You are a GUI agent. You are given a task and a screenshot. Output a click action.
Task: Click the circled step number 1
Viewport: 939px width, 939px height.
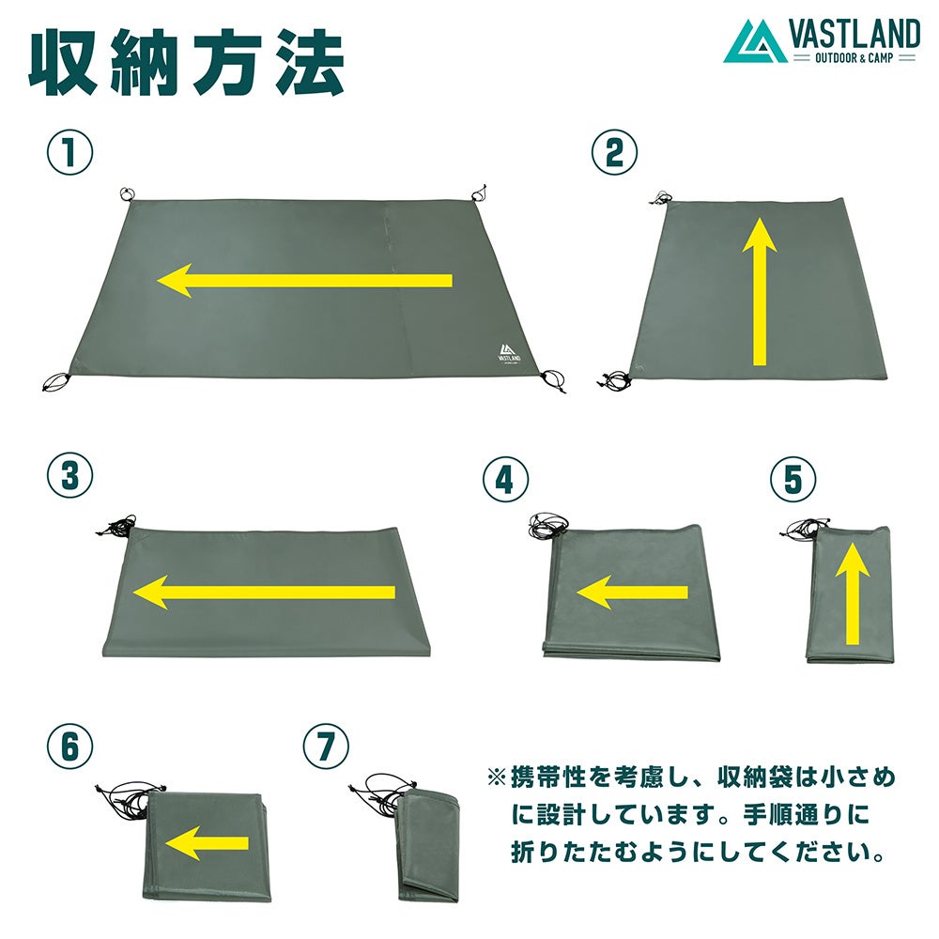70,152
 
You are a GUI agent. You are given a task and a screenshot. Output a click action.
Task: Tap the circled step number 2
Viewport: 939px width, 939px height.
614,152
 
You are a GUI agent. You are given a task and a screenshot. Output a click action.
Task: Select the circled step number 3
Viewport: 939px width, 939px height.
70,476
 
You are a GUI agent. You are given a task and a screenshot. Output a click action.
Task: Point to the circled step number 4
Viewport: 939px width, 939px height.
505,480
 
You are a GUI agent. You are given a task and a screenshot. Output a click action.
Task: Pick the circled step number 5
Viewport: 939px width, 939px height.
793,480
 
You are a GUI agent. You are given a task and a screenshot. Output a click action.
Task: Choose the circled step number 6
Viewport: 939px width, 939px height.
70,747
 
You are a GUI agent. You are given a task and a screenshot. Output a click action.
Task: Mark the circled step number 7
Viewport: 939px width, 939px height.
326,747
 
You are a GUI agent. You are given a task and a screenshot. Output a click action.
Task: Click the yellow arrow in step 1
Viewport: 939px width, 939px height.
304,280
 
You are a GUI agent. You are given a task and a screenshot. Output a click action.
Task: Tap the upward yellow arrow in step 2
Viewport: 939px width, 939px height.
760,291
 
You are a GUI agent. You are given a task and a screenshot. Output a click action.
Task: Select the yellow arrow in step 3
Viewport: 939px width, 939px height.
264,593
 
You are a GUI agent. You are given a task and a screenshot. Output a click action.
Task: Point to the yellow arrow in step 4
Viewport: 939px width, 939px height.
632,593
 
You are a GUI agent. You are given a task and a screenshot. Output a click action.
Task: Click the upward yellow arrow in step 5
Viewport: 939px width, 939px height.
853,593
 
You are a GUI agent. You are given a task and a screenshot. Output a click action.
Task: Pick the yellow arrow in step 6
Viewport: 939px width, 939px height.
207,843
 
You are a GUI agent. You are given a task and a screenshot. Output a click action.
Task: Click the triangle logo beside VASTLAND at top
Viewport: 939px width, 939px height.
755,41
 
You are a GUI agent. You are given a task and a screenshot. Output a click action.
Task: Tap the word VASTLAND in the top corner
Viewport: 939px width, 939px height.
854,34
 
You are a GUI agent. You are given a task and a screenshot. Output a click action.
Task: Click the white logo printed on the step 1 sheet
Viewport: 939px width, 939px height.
508,353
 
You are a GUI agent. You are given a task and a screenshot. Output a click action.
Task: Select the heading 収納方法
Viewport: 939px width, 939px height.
186,64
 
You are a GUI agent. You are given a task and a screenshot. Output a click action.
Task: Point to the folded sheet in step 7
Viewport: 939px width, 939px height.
426,845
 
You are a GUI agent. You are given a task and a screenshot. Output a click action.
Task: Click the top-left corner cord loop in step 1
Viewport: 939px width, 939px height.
127,194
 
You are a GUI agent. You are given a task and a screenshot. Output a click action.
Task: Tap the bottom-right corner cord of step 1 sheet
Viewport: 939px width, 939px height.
553,381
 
